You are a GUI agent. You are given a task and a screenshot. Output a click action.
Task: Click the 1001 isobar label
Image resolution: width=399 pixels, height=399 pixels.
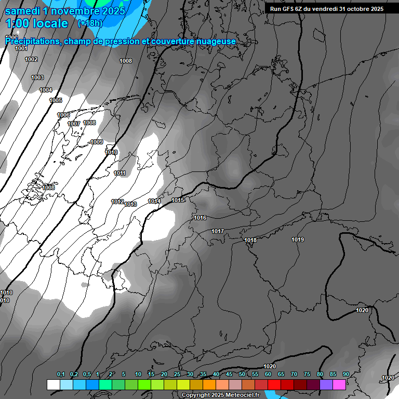(x=21, y=48)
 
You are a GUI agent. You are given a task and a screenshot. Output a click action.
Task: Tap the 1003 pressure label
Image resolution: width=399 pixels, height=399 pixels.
(x=37, y=77)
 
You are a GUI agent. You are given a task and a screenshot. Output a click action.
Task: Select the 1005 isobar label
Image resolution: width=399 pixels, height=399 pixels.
(x=56, y=100)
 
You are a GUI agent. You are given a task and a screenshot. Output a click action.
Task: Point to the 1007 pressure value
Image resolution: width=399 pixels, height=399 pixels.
(x=74, y=124)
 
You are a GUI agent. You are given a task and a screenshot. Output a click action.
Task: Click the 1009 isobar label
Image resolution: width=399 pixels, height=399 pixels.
(x=97, y=142)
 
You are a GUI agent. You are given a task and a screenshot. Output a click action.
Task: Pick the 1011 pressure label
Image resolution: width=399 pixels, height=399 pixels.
(x=119, y=173)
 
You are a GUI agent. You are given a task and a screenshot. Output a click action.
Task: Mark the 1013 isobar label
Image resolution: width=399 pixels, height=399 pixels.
(x=130, y=204)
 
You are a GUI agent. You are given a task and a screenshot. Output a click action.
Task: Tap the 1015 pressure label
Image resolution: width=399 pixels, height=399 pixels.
(x=178, y=200)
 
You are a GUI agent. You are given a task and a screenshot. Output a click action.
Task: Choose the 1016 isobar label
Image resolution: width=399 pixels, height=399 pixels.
(x=200, y=218)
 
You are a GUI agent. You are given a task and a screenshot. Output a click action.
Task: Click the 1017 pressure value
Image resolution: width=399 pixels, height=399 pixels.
(x=218, y=231)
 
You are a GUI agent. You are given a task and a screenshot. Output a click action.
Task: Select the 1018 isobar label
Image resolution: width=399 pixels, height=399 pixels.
(x=250, y=240)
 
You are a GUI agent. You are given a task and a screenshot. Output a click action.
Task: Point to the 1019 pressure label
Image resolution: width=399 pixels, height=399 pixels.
(x=298, y=240)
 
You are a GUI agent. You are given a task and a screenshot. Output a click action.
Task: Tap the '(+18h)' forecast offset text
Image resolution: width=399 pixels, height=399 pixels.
(x=90, y=23)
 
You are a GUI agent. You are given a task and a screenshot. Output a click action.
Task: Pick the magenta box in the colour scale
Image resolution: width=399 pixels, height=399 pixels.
(x=339, y=384)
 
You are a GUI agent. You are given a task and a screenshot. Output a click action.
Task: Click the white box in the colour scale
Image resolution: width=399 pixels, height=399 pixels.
(x=53, y=384)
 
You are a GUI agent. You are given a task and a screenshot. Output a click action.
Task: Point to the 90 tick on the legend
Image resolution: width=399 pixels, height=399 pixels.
(x=345, y=374)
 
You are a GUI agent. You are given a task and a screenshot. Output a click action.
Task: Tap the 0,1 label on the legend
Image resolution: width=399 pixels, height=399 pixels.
(x=61, y=374)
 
